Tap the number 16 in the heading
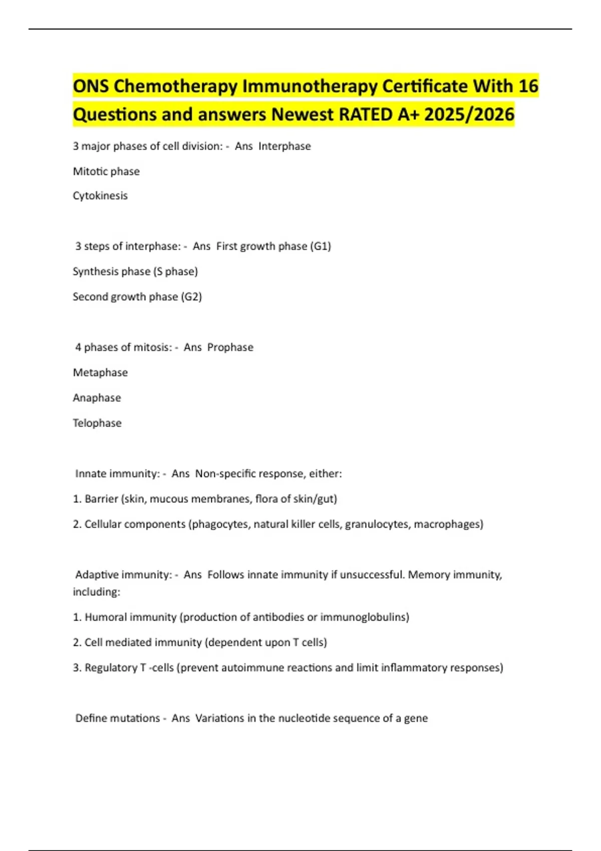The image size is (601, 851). pyautogui.click(x=528, y=87)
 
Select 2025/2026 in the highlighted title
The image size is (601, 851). pyautogui.click(x=469, y=115)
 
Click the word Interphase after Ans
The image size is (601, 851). pyautogui.click(x=284, y=146)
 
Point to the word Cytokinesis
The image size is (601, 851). pyautogui.click(x=100, y=196)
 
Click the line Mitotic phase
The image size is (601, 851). pyautogui.click(x=106, y=171)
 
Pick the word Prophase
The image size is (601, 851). pyautogui.click(x=230, y=347)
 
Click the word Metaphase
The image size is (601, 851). pyautogui.click(x=100, y=372)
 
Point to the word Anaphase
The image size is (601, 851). pyautogui.click(x=97, y=398)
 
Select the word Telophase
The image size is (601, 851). pyautogui.click(x=97, y=423)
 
